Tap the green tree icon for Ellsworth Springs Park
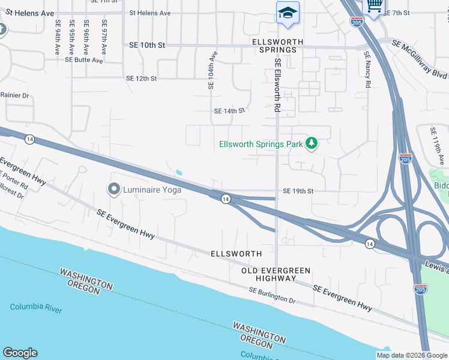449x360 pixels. pos(311,143)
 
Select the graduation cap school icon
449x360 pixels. pos(288,13)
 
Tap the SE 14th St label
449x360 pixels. pos(230,111)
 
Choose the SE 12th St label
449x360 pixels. pos(142,79)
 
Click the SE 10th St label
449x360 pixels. pos(147,45)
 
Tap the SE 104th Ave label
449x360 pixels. pos(211,70)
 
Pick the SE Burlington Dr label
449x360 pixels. pos(273,295)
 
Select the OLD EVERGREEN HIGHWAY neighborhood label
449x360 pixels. pos(268,274)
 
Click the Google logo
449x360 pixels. pos(20,353)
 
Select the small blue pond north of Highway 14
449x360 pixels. pos(179,173)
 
